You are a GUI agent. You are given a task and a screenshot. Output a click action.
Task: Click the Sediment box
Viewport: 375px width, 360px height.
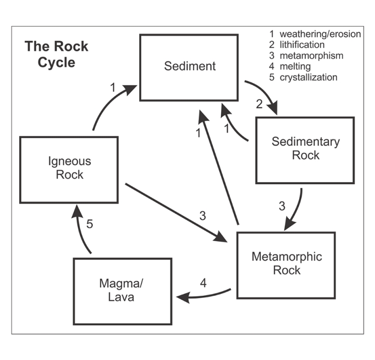click(189, 67)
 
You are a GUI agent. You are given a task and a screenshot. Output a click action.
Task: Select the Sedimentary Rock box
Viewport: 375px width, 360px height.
click(305, 150)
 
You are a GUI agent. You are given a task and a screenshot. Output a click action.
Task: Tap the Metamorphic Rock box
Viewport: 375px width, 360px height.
click(286, 265)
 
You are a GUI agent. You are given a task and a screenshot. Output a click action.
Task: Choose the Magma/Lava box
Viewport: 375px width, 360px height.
click(122, 289)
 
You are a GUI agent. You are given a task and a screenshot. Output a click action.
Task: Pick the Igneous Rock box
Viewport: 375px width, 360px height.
click(69, 169)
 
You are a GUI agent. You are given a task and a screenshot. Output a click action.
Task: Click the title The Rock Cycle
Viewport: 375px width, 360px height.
click(56, 54)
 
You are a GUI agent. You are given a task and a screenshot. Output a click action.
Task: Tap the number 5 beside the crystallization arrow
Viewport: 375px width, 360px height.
click(89, 225)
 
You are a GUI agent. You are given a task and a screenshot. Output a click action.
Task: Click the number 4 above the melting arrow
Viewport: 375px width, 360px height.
click(203, 283)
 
